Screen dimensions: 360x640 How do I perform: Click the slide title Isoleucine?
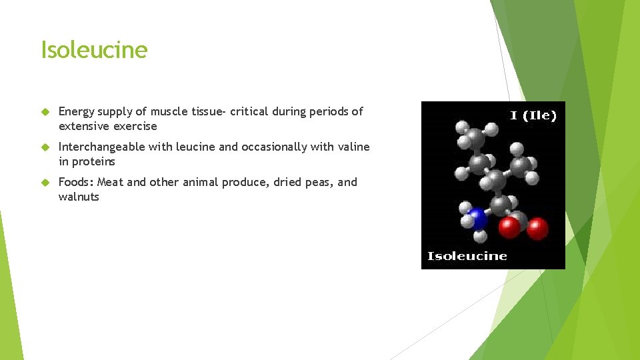(x=94, y=50)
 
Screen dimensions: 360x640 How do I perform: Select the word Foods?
(x=76, y=182)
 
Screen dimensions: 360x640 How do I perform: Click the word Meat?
(x=110, y=182)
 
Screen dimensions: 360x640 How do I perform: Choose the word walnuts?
(x=79, y=197)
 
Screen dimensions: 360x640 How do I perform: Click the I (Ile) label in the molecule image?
(x=533, y=115)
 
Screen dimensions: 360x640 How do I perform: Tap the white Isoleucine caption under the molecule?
(x=467, y=256)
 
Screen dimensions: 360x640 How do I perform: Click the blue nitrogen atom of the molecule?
(x=477, y=218)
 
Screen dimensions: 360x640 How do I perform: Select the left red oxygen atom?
(x=509, y=227)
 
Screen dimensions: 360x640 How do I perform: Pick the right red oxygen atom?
(x=537, y=228)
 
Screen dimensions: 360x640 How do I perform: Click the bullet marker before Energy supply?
(x=45, y=112)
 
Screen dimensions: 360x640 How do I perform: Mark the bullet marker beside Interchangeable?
(x=45, y=147)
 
